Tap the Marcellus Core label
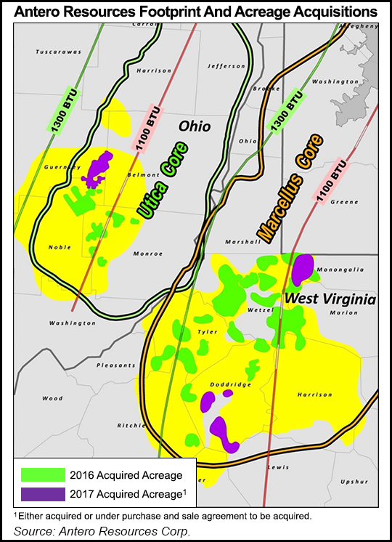[289, 188]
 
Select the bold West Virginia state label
[330, 299]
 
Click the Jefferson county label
[226, 66]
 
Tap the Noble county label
[60, 247]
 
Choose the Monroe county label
[148, 254]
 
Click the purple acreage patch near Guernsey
[97, 169]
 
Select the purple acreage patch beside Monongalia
[303, 268]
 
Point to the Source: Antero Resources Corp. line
[102, 531]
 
